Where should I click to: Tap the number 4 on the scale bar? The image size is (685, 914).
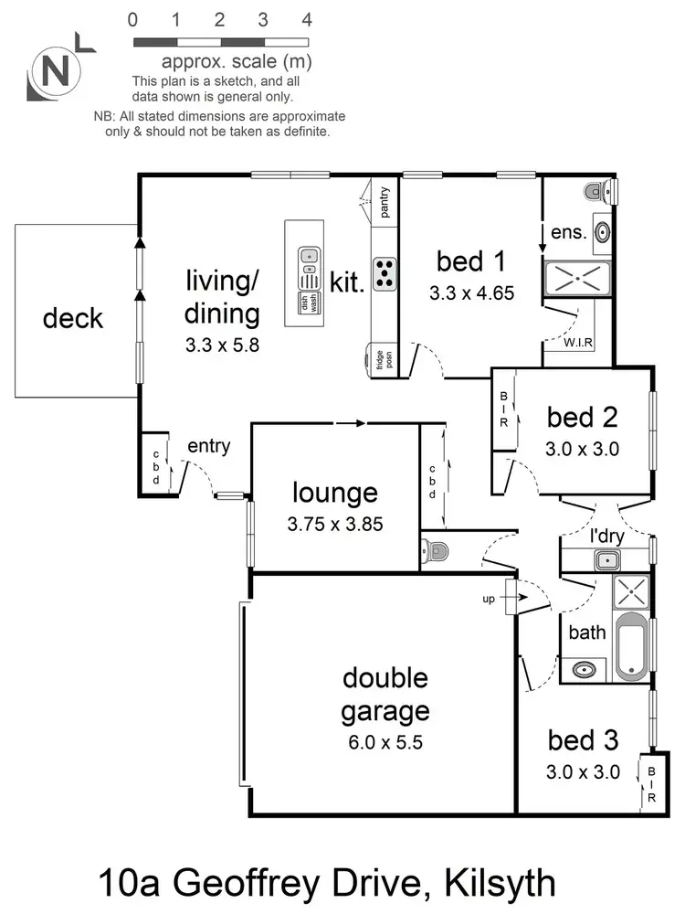tap(307, 18)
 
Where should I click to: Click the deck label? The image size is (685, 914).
tap(73, 319)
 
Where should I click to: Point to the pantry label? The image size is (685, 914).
tap(385, 203)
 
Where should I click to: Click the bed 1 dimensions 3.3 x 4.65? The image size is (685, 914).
tap(471, 293)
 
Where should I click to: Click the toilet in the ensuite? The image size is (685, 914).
tap(597, 191)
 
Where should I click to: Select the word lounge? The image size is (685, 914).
tap(334, 494)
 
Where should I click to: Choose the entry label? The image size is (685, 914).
tap(208, 447)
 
